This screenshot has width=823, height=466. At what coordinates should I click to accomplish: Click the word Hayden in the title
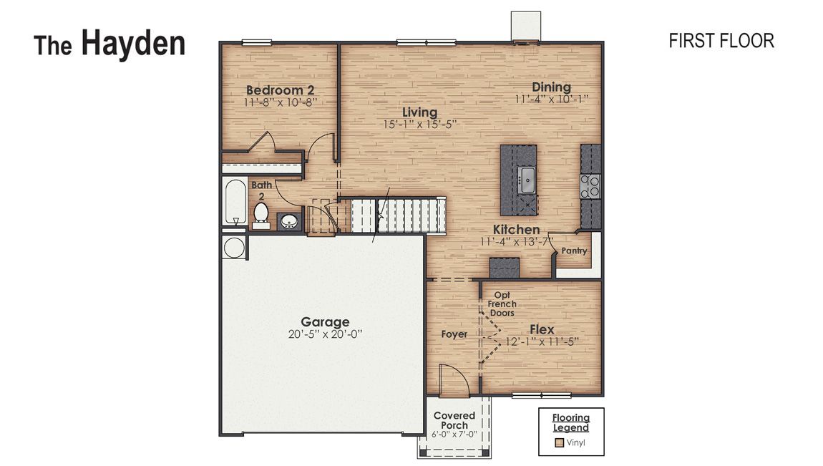tap(133, 44)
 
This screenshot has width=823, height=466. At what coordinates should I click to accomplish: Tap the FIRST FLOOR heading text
tap(721, 42)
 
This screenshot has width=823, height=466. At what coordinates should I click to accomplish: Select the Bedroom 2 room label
tap(281, 90)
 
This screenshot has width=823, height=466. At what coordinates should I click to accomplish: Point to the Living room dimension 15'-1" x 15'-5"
tap(419, 125)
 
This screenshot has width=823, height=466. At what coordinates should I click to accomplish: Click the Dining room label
tap(551, 87)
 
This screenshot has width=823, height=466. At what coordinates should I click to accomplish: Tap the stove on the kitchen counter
tap(590, 186)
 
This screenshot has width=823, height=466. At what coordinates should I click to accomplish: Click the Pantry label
tap(574, 251)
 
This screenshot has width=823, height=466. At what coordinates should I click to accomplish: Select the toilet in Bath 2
tap(261, 214)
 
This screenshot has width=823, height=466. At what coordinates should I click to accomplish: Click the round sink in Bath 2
tap(289, 221)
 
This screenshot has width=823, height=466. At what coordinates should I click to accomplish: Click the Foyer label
tap(454, 334)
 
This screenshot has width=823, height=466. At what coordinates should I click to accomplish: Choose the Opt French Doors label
tap(502, 304)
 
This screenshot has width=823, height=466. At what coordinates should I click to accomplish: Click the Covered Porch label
tap(454, 420)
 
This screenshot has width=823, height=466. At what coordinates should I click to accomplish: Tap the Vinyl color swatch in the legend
tap(560, 442)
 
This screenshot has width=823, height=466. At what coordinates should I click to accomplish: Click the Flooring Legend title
tap(570, 422)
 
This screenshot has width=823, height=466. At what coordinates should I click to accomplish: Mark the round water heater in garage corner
tap(233, 248)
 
